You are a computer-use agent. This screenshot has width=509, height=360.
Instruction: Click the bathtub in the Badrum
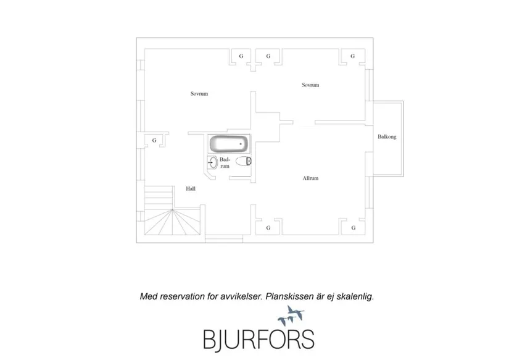point(229,144)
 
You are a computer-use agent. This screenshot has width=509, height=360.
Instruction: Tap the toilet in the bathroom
point(244,161)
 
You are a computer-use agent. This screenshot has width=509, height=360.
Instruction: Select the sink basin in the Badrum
point(213,162)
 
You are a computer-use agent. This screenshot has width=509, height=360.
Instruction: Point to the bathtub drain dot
point(241,144)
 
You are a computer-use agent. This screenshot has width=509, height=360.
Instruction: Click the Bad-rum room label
point(225,163)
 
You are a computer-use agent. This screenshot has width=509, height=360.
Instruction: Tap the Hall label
point(191,188)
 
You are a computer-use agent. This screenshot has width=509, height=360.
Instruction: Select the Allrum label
point(310,178)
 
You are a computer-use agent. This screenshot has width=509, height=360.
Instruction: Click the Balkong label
point(387,137)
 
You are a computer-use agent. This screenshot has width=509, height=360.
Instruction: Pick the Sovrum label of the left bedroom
point(199,94)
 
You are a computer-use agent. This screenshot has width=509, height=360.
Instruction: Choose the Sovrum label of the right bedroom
point(310,85)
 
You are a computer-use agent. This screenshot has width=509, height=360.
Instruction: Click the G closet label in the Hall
point(154,140)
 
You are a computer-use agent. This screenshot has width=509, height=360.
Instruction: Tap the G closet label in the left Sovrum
point(241,56)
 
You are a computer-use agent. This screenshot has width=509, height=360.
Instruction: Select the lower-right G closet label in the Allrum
point(354,228)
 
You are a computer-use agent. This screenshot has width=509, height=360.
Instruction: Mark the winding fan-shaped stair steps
point(172,222)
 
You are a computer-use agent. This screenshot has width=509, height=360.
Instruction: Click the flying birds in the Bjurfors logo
point(291,315)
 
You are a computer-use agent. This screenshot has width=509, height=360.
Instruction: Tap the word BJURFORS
point(259,340)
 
